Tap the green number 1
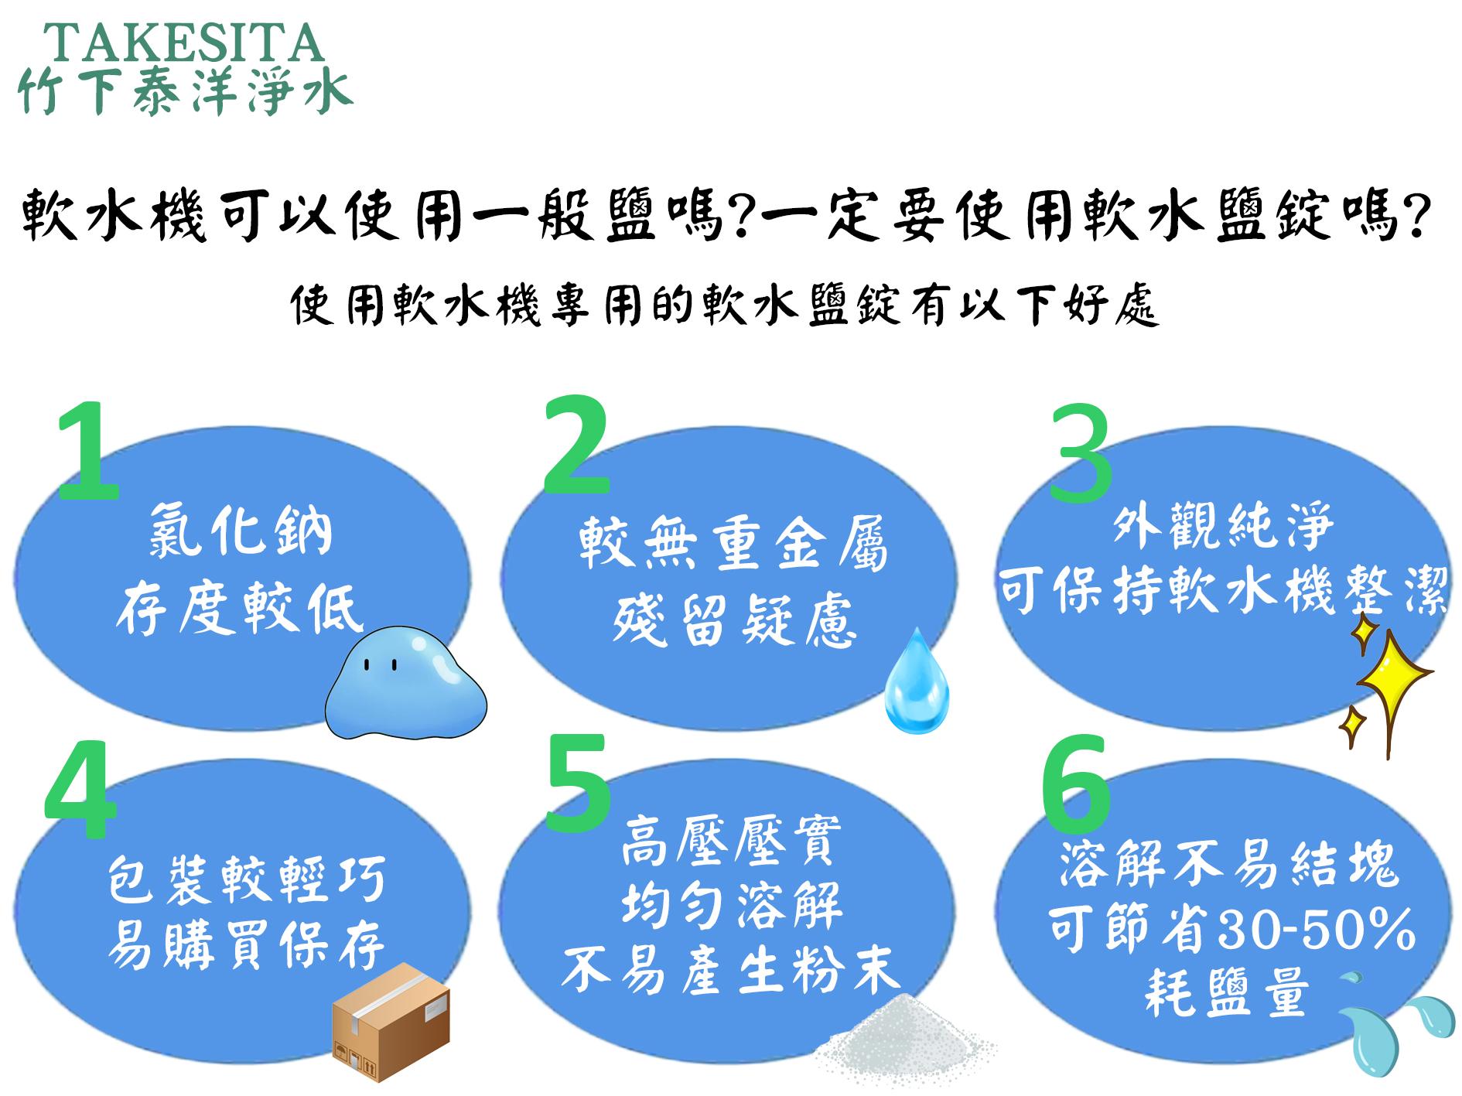[x=89, y=450]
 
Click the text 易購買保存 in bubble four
[x=245, y=946]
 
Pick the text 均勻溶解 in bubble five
[x=732, y=906]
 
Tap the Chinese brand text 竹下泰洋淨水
[x=186, y=90]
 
